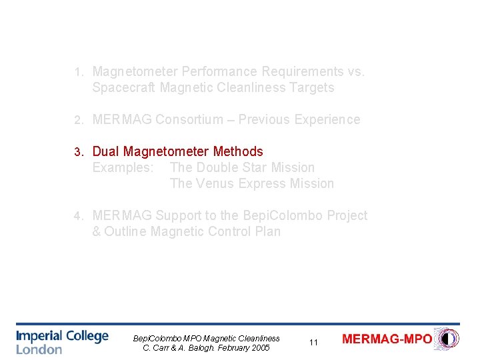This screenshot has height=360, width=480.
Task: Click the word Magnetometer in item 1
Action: pyautogui.click(x=133, y=71)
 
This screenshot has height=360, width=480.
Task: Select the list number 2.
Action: pyautogui.click(x=78, y=120)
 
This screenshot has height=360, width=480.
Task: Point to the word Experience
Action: pyautogui.click(x=327, y=119)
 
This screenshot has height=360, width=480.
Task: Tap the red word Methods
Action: pyautogui.click(x=238, y=151)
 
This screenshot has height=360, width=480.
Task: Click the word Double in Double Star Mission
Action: pyautogui.click(x=218, y=167)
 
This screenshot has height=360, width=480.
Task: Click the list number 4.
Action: pyautogui.click(x=78, y=216)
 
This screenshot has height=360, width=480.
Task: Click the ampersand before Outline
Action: pyautogui.click(x=97, y=231)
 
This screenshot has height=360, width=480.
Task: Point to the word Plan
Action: pyautogui.click(x=267, y=231)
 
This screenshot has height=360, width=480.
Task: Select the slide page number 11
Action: pyautogui.click(x=313, y=343)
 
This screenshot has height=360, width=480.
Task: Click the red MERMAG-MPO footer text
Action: pyautogui.click(x=387, y=339)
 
